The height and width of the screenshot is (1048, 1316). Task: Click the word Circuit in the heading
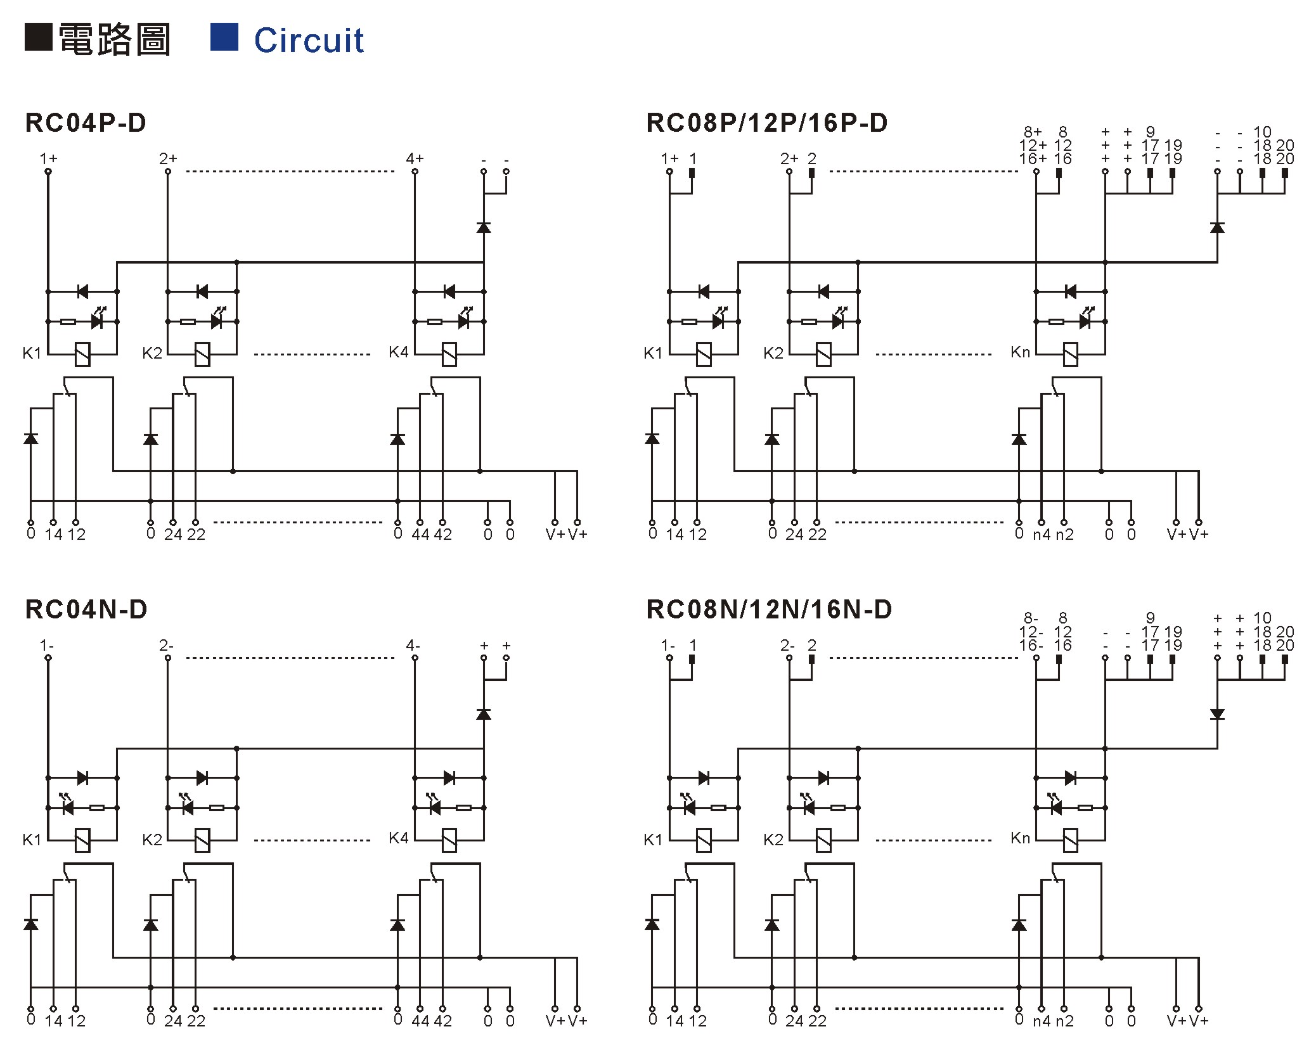(309, 40)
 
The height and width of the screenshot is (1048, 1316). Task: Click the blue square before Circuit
(224, 37)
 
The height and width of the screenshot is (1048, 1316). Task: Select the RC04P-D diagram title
(86, 123)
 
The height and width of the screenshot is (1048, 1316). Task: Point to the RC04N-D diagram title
(86, 610)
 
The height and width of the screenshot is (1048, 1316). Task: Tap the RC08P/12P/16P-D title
(767, 123)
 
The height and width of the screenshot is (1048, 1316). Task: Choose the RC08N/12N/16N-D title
(769, 610)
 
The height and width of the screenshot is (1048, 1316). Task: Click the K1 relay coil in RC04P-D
(82, 354)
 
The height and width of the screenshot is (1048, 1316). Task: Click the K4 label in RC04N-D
(399, 838)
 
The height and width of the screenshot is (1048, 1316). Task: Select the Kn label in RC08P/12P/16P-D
(1021, 352)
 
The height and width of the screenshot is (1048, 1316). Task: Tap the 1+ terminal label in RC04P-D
(48, 158)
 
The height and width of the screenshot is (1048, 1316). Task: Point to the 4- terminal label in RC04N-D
(413, 645)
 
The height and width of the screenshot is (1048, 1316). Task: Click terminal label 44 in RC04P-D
(420, 534)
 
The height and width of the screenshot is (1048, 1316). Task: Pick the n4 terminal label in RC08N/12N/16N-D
(1042, 1021)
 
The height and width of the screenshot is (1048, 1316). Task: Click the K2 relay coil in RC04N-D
(202, 840)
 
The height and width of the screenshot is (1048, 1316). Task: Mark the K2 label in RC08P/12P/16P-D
(773, 353)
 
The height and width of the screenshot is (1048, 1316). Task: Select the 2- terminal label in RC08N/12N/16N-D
(787, 645)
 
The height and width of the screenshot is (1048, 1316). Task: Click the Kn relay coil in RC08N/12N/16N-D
(1071, 840)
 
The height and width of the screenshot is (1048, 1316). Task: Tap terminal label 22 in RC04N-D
(196, 1021)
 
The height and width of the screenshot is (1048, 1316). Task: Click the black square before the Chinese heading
(38, 37)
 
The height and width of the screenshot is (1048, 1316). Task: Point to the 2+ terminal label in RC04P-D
(168, 158)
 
